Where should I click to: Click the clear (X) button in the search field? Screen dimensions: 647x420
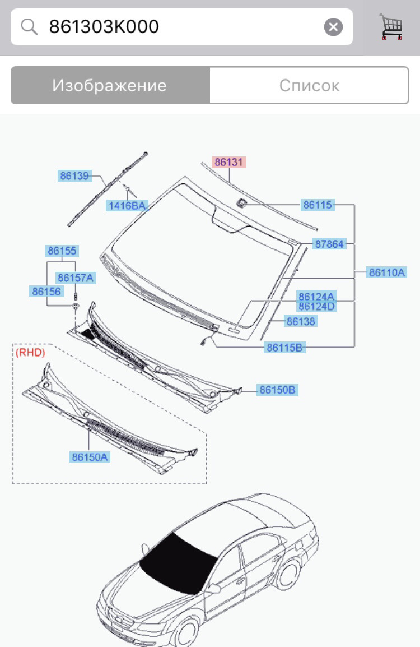pos(333,27)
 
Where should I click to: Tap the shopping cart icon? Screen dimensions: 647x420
pos(391,27)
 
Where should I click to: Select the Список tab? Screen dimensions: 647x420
pos(309,86)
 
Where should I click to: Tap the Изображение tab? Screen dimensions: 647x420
pos(110,86)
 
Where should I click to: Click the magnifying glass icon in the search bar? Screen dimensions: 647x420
pos(29,27)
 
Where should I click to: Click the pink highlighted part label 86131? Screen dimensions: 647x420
pos(228,162)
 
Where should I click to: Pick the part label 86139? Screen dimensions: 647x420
pos(74,176)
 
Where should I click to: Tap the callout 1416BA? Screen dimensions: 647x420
pos(127,206)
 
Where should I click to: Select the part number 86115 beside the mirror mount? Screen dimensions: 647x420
pos(318,205)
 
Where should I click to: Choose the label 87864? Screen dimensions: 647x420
pos(329,244)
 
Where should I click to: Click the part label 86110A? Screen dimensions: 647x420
pos(386,273)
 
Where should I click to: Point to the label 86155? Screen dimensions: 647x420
pos(62,251)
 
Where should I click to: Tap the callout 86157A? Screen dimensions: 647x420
pos(76,278)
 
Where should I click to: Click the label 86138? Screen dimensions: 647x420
pos(301,321)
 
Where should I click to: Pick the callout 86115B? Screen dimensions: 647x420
pos(285,348)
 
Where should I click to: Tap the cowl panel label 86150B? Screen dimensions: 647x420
pos(277,390)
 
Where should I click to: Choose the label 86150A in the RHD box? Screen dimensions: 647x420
pos(90,457)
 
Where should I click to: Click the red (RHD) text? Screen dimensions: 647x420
pos(30,352)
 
